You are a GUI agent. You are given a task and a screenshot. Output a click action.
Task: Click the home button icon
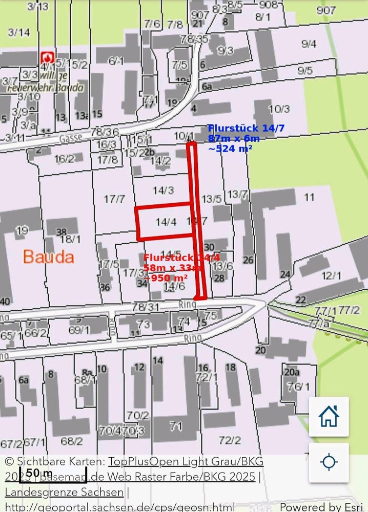[x=329, y=416]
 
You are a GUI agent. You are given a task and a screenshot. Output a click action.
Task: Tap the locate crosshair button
[x=329, y=462]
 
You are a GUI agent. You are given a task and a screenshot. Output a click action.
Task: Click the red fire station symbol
[x=48, y=57]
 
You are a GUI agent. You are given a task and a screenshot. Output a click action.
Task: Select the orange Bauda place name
[x=48, y=257]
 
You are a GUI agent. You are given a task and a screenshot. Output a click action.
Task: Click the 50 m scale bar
[x=52, y=473]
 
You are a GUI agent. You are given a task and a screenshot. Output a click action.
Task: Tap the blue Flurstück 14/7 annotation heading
[x=246, y=129]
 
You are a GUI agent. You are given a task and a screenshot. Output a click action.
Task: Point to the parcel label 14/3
[x=163, y=190]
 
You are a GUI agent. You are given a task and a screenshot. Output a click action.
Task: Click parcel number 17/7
[x=114, y=199]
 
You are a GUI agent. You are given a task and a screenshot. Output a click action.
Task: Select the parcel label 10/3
[x=279, y=109]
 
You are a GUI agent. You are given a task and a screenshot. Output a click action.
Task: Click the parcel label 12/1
[x=331, y=276]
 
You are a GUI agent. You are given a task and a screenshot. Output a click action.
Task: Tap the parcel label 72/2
[x=230, y=440]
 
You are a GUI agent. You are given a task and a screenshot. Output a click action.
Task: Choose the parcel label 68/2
[x=71, y=441]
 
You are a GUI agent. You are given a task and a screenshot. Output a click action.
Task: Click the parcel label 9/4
[x=309, y=44]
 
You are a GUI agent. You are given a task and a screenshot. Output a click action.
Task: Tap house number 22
[x=301, y=300]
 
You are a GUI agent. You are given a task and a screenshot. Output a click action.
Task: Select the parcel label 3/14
[x=19, y=32]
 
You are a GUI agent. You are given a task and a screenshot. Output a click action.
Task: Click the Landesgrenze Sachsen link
[x=64, y=492]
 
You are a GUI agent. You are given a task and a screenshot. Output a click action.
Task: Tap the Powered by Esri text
[x=322, y=506]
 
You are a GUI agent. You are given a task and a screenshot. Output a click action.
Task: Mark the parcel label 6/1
[x=116, y=61]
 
